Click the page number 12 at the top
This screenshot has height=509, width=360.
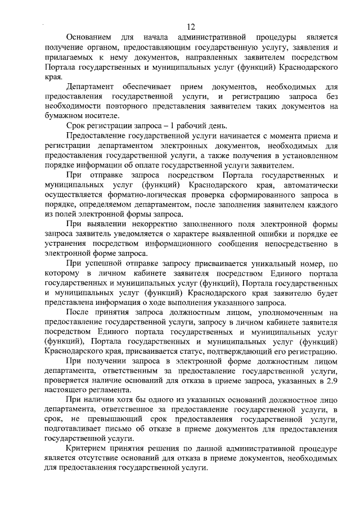pyautogui.click(x=191, y=27)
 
